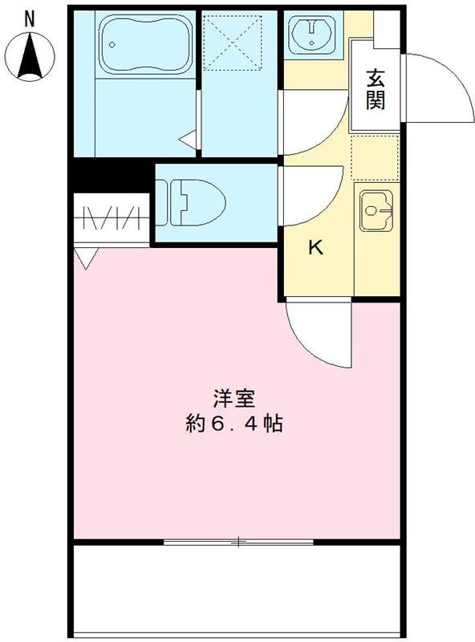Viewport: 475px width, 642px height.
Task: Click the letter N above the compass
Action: click(x=30, y=17)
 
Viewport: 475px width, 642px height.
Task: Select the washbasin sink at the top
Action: click(x=311, y=34)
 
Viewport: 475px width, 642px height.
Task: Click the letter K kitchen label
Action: click(x=316, y=248)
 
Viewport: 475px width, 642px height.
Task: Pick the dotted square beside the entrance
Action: click(x=376, y=157)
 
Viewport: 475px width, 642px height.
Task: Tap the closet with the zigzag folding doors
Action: click(x=112, y=217)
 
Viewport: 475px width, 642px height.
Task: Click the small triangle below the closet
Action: click(x=86, y=257)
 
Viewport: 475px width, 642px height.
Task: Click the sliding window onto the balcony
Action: click(x=238, y=542)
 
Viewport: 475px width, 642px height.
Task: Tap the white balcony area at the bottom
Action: click(x=237, y=590)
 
